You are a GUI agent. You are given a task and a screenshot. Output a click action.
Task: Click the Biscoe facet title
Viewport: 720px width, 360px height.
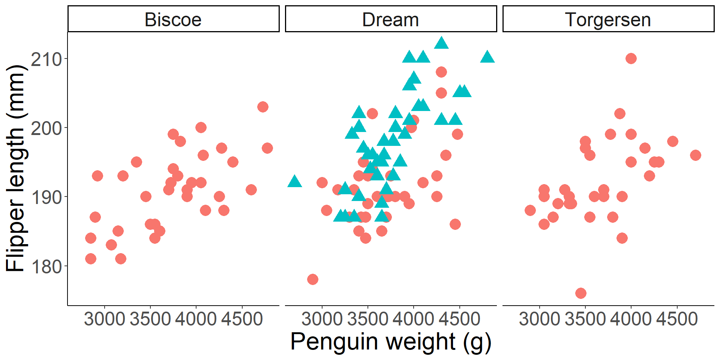173,19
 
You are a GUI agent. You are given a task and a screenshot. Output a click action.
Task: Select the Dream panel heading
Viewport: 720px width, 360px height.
390,19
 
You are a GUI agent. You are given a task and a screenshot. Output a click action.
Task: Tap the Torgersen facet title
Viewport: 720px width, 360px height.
608,19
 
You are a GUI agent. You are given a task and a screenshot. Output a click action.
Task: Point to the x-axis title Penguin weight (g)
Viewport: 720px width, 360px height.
390,342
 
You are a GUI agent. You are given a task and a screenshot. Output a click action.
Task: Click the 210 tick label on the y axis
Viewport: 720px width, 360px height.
46,59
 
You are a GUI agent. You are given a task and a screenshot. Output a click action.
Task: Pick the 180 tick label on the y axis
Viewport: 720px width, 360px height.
46,267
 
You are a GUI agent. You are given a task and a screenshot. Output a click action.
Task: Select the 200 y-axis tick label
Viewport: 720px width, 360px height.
46,128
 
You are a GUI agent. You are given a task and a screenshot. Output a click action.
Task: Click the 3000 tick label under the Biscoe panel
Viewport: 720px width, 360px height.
104,319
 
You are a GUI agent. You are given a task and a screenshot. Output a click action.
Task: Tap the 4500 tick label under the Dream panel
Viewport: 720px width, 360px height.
459,319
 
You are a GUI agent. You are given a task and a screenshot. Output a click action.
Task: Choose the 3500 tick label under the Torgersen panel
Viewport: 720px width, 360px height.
585,319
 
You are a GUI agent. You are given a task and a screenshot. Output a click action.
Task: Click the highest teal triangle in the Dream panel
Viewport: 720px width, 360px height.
441,43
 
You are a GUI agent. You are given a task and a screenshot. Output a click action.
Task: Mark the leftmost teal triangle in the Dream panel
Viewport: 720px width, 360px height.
294,181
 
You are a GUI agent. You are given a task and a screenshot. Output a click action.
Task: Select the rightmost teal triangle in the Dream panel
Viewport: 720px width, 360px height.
487,57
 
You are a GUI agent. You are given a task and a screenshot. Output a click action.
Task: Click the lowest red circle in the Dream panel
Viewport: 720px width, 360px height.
313,279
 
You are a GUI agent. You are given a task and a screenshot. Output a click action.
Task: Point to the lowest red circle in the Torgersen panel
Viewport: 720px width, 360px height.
581,293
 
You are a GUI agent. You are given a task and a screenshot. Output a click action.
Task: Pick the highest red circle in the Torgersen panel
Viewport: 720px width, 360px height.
631,58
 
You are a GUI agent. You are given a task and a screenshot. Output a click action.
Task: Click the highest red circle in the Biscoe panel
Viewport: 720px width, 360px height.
263,107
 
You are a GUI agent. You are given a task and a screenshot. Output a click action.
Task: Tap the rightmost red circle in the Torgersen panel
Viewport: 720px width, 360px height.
696,155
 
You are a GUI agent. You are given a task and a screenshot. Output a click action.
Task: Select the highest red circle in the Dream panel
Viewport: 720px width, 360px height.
441,72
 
